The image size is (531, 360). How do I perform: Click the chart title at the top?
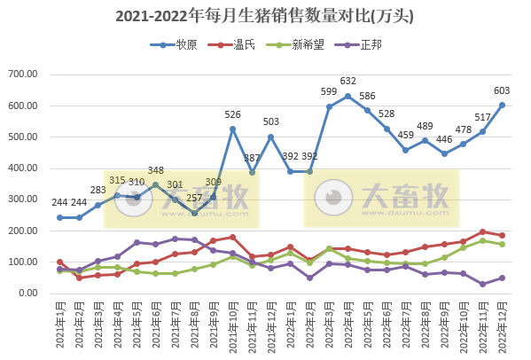pyautogui.click(x=265, y=16)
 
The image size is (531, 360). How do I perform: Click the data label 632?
pyautogui.click(x=348, y=81)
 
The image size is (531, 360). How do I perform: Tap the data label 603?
pyautogui.click(x=501, y=90)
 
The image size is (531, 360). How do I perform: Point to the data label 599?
pyautogui.click(x=329, y=91)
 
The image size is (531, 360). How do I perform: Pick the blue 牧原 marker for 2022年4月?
pyautogui.click(x=347, y=96)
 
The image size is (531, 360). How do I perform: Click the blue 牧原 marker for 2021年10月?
pyautogui.click(x=233, y=129)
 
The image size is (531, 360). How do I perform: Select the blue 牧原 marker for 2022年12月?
pyautogui.click(x=502, y=105)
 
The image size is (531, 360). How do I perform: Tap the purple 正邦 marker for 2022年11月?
pyautogui.click(x=482, y=284)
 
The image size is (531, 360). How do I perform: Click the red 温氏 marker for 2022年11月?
pyautogui.click(x=482, y=231)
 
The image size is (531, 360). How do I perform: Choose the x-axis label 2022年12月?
pyautogui.click(x=502, y=326)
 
